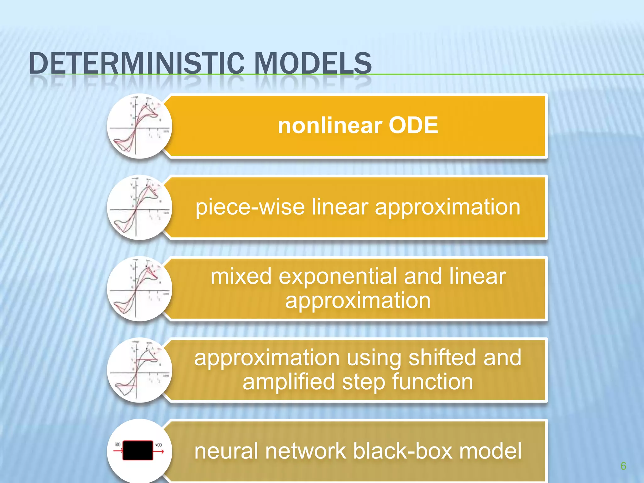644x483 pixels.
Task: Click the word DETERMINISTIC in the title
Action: coord(137,64)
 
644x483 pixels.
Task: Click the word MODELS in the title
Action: coord(313,64)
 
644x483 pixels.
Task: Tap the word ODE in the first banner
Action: coord(413,125)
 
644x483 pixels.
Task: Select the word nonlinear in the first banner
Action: coord(330,125)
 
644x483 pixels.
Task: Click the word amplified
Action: coord(288,382)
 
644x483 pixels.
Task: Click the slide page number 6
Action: coord(623,466)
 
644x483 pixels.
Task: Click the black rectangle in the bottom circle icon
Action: coord(138,450)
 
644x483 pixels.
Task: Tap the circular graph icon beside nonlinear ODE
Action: coord(139,126)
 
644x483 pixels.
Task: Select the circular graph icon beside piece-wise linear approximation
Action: coord(139,208)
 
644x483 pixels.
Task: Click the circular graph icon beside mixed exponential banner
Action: coord(139,289)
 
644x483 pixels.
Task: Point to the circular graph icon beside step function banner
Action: coord(139,370)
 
